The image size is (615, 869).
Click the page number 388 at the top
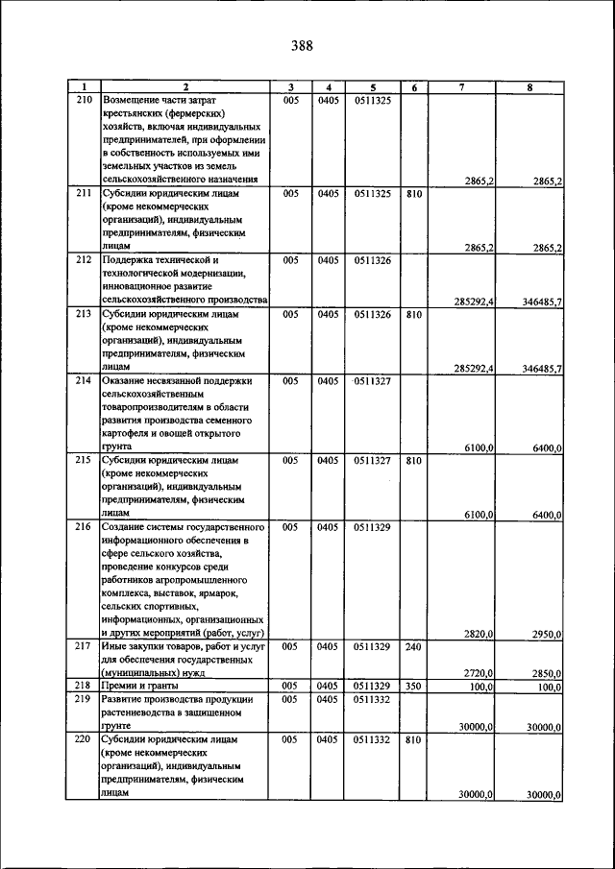point(301,45)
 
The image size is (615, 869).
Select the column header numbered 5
point(371,87)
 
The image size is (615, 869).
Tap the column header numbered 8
point(529,87)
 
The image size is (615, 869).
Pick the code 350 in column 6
point(413,687)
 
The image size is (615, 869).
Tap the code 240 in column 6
point(413,647)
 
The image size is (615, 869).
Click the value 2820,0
point(479,634)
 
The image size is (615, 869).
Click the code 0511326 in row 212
point(372,260)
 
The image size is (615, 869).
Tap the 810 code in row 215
point(413,461)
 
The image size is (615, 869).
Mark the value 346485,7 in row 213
point(538,368)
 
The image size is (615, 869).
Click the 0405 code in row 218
point(328,687)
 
